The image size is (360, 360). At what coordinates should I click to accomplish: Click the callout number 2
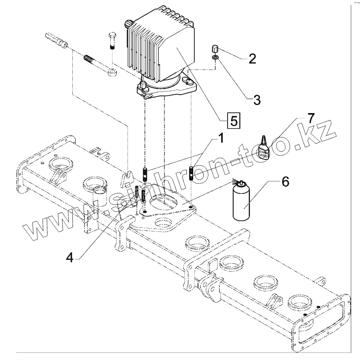252,59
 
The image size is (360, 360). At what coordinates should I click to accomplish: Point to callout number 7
311,118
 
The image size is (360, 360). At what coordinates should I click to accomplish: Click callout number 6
284,182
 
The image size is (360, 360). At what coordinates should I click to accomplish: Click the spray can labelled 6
241,202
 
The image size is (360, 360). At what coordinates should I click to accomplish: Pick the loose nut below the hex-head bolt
112,73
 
